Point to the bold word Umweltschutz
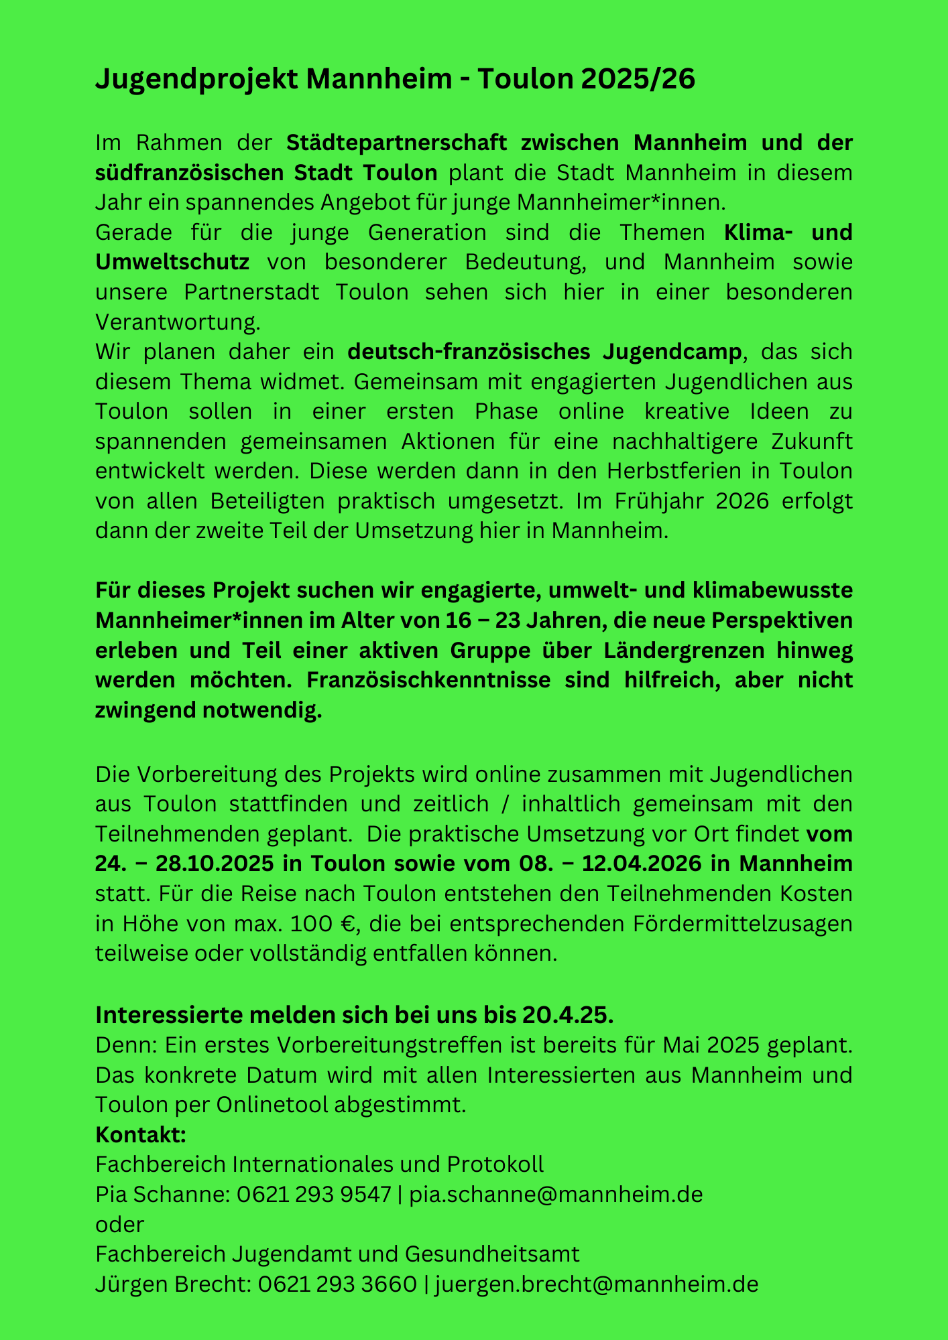[172, 262]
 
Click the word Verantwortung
[178, 322]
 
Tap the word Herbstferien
[674, 471]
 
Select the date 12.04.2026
[642, 864]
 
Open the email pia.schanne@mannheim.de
[556, 1195]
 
